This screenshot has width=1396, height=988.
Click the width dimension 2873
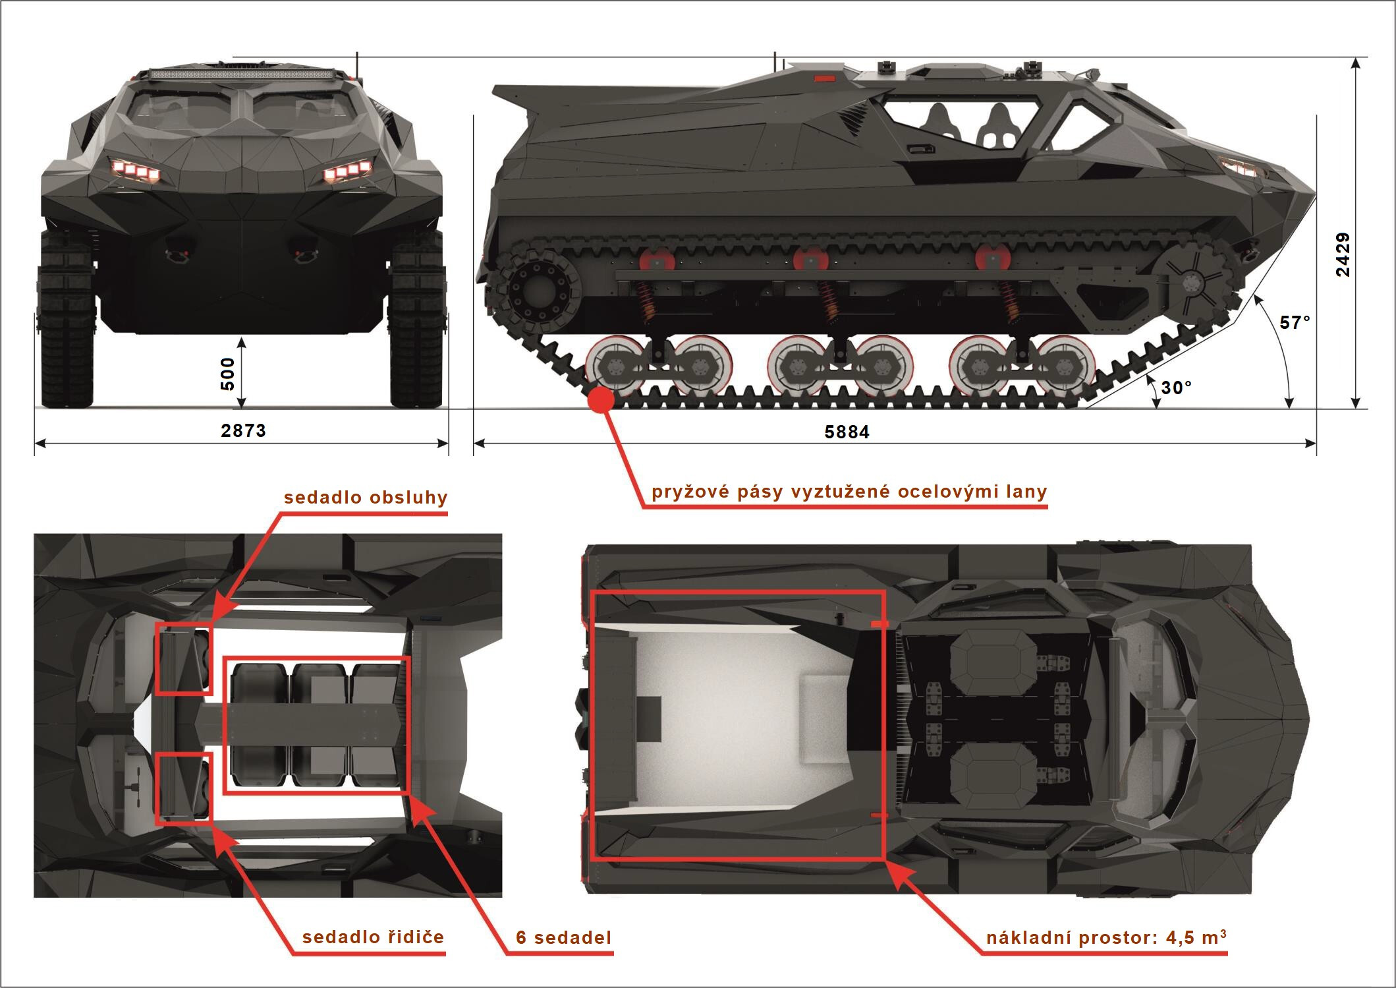point(243,430)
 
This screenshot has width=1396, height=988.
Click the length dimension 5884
point(847,432)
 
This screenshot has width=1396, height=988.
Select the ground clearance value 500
point(227,374)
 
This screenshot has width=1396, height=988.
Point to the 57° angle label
point(1295,322)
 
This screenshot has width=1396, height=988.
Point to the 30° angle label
point(1176,388)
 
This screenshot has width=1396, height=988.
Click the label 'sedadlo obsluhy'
point(366,498)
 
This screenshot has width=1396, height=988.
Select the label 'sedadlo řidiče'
point(373,937)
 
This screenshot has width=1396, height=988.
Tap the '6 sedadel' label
point(563,937)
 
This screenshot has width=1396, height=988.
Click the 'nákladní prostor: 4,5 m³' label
point(1106,937)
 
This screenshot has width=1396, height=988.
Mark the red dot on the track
point(600,400)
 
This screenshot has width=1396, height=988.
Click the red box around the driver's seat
point(184,788)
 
